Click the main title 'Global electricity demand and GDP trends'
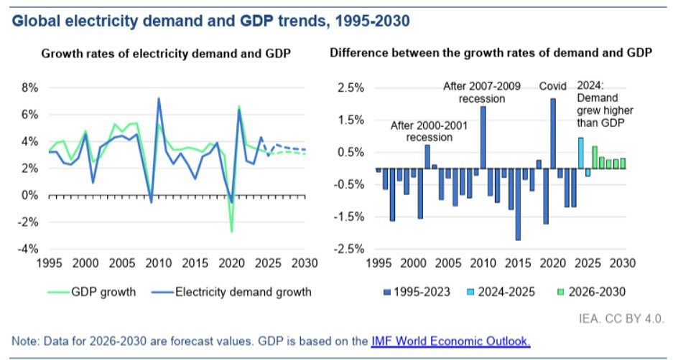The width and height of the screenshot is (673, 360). tap(210, 21)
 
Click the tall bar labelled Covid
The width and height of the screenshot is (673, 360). tap(553, 133)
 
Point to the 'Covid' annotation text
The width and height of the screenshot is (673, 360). tap(554, 86)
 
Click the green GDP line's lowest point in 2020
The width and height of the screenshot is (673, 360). tap(232, 232)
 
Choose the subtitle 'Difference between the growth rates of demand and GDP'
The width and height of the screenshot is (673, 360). tap(491, 55)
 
